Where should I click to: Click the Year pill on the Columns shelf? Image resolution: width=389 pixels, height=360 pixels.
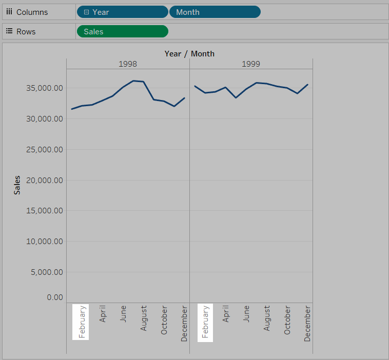tap(122, 12)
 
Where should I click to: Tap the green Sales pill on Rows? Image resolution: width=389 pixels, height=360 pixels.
tap(122, 31)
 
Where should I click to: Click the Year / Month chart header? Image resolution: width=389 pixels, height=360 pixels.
tap(189, 53)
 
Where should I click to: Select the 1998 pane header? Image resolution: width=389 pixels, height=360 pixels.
tap(128, 64)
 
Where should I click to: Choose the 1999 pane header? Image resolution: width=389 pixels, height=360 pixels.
tap(251, 64)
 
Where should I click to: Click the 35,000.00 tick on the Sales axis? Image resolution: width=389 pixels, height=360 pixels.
tap(44, 88)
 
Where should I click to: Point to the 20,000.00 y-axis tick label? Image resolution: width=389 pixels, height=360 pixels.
tap(44, 180)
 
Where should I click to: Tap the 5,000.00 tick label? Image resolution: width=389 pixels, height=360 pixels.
tap(46, 272)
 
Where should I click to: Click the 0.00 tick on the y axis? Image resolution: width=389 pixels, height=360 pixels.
tap(54, 297)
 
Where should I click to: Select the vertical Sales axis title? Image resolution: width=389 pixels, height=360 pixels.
tap(17, 185)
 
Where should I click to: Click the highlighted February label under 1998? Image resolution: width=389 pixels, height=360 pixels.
tap(82, 322)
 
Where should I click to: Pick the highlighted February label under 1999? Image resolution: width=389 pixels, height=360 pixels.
tap(205, 322)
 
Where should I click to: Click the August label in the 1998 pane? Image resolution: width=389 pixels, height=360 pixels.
tap(144, 318)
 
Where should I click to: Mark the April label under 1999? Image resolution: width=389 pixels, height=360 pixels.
tap(226, 313)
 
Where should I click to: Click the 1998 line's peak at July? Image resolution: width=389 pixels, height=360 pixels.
tap(133, 81)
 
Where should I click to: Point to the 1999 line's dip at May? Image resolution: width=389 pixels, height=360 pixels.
tap(236, 97)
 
